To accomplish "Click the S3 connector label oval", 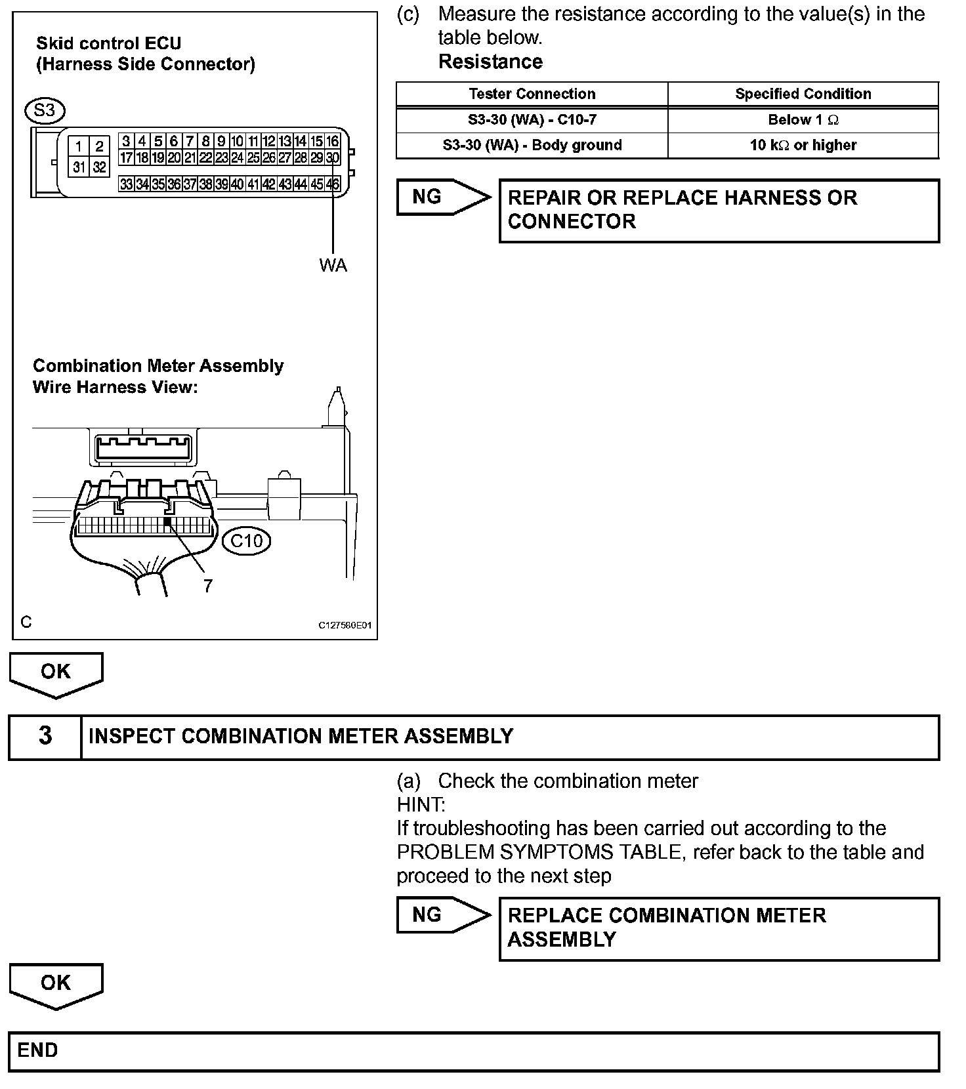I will tap(44, 110).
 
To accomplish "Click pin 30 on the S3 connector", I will tap(333, 157).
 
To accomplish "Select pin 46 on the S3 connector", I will tap(333, 184).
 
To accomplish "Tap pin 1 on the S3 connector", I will tap(79, 146).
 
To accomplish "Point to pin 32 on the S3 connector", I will tap(99, 167).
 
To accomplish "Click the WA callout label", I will tap(333, 266).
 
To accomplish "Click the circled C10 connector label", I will tap(246, 541).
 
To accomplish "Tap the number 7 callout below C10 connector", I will tap(208, 586).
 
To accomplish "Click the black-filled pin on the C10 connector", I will tap(167, 522).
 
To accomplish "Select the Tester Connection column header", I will tap(532, 94).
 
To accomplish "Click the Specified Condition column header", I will tap(803, 94).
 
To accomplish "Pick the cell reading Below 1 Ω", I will tap(803, 120).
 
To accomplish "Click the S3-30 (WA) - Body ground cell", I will tap(532, 145).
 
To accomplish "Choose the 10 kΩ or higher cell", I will tap(803, 145).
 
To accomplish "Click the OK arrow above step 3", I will tap(56, 672).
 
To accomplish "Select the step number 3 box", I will tap(45, 736).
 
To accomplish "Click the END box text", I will tap(37, 1050).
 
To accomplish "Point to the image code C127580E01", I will tap(345, 625).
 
